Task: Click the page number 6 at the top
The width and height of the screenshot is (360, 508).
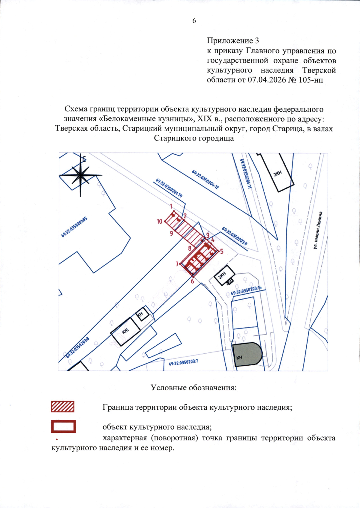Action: [194, 21]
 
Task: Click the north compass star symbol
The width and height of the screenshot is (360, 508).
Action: [80, 175]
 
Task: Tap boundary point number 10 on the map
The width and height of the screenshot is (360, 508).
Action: [159, 221]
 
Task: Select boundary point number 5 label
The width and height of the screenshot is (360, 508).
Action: [222, 251]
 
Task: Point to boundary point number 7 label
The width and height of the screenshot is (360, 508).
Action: [177, 264]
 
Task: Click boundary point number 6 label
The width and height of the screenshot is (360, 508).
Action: [192, 281]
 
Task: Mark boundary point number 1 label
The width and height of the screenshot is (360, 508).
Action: [171, 206]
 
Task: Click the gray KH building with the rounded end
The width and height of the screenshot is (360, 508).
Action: [247, 354]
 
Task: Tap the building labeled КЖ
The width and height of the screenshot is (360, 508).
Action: [125, 331]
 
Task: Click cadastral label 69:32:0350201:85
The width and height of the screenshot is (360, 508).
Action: [74, 227]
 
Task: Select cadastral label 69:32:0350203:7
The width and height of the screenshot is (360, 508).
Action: [183, 363]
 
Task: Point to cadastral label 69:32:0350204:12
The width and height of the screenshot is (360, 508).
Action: [205, 180]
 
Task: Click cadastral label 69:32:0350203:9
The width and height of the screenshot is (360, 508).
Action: [235, 236]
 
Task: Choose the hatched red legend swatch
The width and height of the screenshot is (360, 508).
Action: [63, 407]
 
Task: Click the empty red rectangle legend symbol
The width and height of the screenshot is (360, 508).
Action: [63, 426]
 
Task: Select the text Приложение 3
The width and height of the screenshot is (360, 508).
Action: [233, 41]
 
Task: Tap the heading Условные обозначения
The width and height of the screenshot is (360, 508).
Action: [193, 388]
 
